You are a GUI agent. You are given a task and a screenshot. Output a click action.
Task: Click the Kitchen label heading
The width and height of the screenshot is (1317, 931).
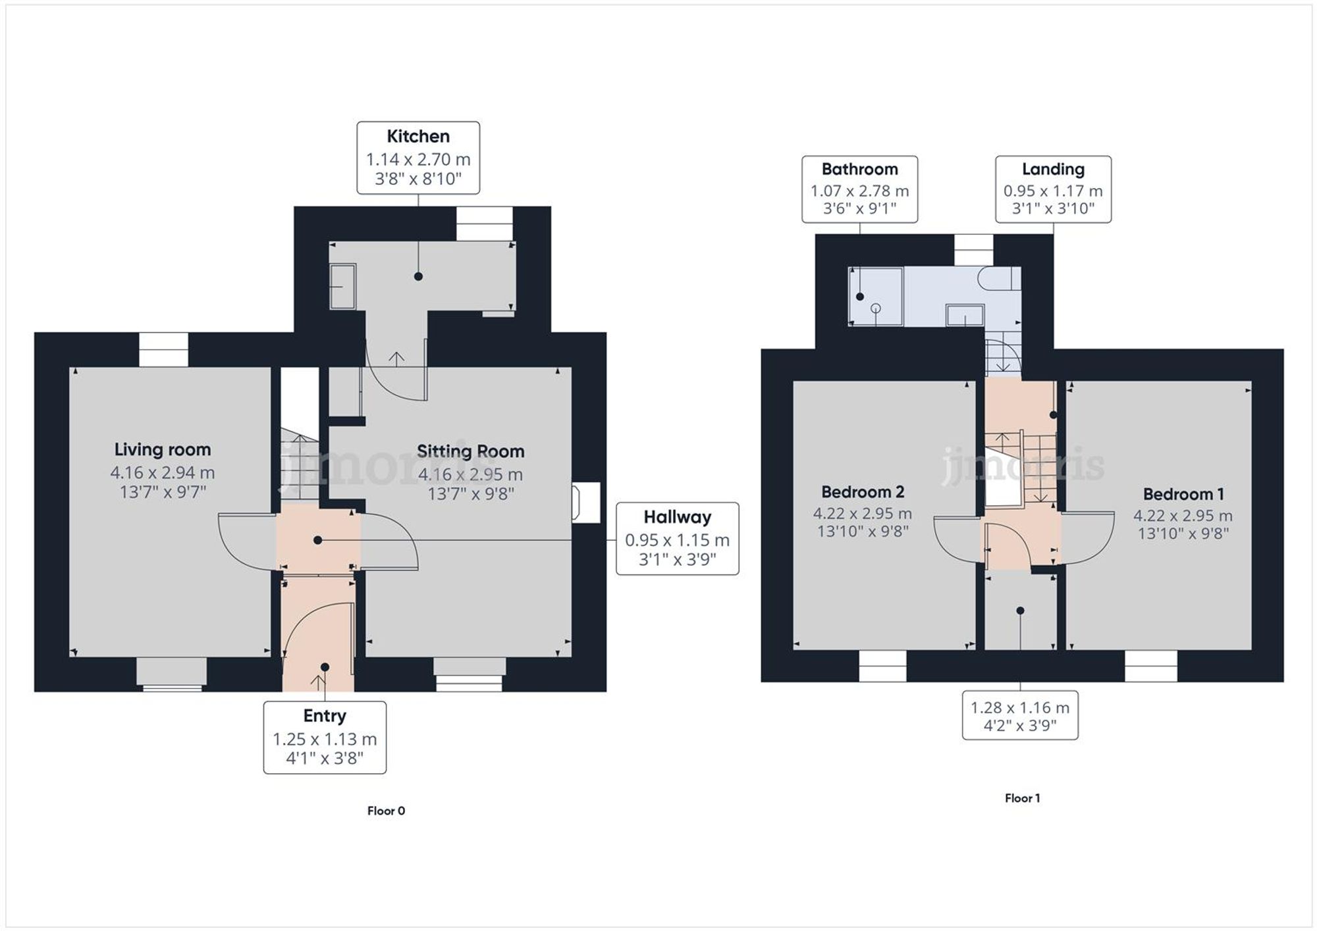click(x=418, y=136)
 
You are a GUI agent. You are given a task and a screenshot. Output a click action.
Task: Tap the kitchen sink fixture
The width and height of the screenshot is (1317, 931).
click(x=342, y=286)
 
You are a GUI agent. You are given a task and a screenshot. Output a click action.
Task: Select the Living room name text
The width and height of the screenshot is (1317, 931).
click(x=163, y=449)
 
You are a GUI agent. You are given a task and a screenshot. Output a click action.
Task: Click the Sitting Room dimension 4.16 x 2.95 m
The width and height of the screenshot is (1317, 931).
click(x=470, y=474)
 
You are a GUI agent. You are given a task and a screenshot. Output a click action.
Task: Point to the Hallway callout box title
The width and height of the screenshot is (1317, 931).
click(x=677, y=517)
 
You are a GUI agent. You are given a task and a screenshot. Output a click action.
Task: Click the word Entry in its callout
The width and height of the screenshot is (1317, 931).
click(x=325, y=715)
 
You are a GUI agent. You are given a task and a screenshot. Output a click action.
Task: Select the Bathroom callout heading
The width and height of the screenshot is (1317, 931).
click(x=859, y=169)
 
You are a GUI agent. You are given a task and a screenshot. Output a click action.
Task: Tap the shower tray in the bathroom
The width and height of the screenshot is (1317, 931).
click(x=876, y=296)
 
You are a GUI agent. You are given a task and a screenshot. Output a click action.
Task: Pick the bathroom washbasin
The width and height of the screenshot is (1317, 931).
click(x=965, y=315)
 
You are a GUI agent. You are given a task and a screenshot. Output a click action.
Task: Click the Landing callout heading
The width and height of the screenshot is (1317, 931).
click(x=1053, y=169)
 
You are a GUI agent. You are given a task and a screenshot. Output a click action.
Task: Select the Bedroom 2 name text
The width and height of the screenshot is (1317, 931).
click(x=863, y=491)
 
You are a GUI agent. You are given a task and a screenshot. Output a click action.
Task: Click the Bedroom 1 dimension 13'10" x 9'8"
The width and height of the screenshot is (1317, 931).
click(x=1183, y=534)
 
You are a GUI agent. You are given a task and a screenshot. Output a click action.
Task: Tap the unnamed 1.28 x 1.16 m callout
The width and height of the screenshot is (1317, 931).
click(x=1020, y=715)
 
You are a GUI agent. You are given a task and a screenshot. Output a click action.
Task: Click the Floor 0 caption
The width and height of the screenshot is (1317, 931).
click(x=386, y=811)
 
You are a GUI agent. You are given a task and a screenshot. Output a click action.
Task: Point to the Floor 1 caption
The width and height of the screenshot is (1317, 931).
click(x=1022, y=798)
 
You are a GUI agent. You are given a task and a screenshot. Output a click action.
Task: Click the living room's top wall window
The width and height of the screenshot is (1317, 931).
click(x=163, y=349)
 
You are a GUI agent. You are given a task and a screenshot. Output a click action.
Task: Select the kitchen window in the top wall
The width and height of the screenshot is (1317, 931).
click(x=485, y=224)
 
